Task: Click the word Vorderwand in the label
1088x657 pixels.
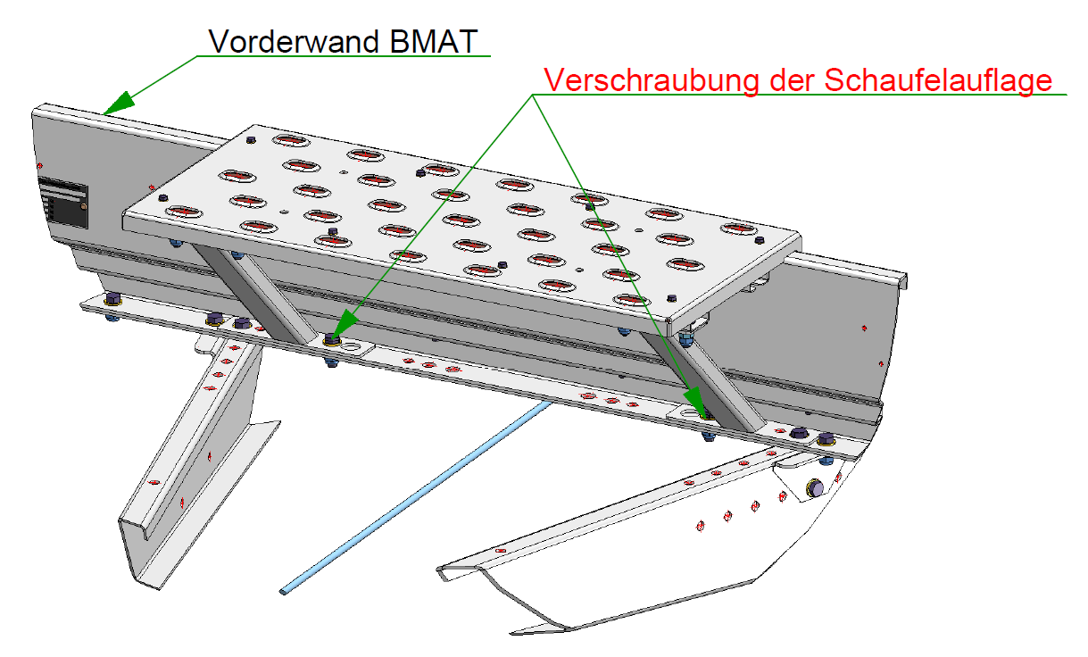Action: coord(294,41)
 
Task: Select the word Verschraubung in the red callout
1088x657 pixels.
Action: coord(652,79)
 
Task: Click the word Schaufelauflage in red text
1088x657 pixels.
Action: coord(938,79)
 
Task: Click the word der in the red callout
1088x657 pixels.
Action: coord(793,80)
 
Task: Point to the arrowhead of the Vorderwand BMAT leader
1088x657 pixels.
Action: coord(118,103)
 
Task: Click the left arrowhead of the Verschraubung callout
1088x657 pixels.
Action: coord(344,325)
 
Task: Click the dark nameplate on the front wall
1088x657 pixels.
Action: coord(63,203)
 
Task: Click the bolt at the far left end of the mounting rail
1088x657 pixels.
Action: coord(112,299)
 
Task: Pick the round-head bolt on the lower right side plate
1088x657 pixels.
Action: coord(815,488)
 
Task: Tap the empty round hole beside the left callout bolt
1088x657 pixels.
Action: coord(350,347)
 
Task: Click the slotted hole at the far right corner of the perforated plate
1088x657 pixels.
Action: coord(739,229)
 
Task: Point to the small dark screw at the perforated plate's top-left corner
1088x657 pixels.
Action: coord(251,140)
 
